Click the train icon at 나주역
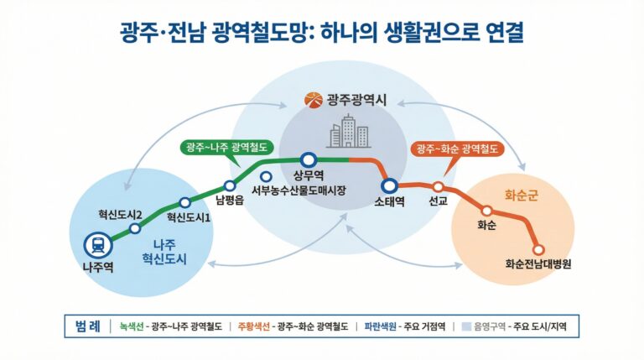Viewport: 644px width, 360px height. (x=98, y=245)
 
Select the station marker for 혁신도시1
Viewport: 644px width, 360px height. (x=184, y=202)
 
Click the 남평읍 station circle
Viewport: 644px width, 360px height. (x=230, y=186)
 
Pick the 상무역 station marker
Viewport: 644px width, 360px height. (x=308, y=159)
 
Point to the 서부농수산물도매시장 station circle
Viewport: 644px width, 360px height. (x=266, y=177)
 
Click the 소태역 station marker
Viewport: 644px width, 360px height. (x=389, y=185)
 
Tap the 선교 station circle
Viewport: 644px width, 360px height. (x=437, y=186)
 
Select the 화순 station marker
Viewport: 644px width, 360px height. (x=486, y=211)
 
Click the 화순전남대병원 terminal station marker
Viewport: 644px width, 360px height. (x=538, y=249)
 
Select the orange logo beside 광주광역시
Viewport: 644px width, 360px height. (x=312, y=101)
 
